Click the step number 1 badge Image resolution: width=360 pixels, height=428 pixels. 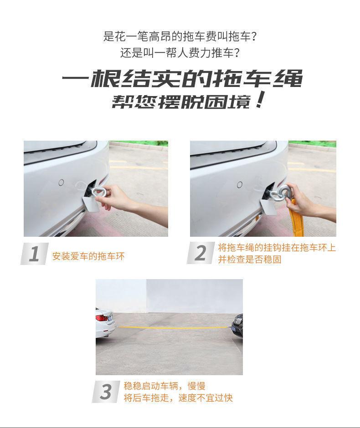pyautogui.click(x=35, y=254)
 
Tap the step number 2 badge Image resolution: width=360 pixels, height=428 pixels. pyautogui.click(x=201, y=253)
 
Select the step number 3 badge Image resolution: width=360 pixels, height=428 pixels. pyautogui.click(x=106, y=392)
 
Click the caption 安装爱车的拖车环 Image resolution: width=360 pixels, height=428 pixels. pyautogui.click(x=88, y=256)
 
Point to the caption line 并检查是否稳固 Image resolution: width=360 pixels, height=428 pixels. pyautogui.click(x=249, y=259)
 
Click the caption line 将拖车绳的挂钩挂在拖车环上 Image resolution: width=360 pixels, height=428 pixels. pyautogui.click(x=277, y=247)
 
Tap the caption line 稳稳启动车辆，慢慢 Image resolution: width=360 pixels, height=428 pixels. pyautogui.click(x=165, y=386)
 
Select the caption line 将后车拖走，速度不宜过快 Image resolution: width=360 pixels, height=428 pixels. pyautogui.click(x=178, y=397)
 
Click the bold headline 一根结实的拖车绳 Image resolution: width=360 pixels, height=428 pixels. pyautogui.click(x=182, y=79)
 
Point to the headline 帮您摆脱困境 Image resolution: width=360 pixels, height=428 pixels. pyautogui.click(x=188, y=101)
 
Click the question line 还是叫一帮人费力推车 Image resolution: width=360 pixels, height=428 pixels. pyautogui.click(x=180, y=53)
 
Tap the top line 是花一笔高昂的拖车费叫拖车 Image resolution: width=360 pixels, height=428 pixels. pyautogui.click(x=180, y=36)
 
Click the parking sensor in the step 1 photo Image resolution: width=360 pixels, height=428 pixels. pyautogui.click(x=61, y=182)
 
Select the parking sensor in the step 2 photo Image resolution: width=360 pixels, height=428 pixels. pyautogui.click(x=240, y=184)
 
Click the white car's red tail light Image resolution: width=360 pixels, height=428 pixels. pyautogui.click(x=101, y=318)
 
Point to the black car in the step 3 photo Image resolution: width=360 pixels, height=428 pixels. pyautogui.click(x=237, y=326)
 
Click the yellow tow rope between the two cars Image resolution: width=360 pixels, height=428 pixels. pyautogui.click(x=174, y=327)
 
